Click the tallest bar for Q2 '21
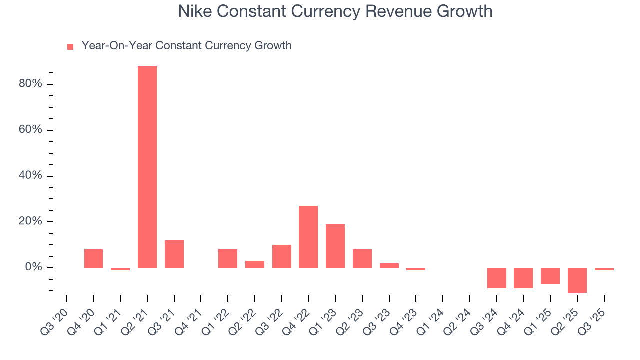(147, 167)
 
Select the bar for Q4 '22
(308, 237)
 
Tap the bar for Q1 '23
(335, 246)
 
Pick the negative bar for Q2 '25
(577, 280)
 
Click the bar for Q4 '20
(93, 258)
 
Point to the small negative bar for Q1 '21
(120, 269)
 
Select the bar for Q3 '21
(174, 254)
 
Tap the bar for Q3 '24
(497, 278)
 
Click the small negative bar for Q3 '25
(604, 269)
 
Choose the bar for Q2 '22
(255, 264)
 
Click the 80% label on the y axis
(30, 84)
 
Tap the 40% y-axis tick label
(30, 176)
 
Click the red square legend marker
(70, 46)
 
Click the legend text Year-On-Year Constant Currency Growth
(186, 46)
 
